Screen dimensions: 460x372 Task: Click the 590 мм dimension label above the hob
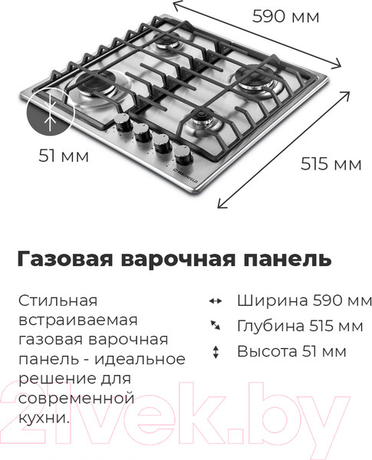point(285,16)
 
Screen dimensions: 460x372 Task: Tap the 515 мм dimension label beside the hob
point(331,163)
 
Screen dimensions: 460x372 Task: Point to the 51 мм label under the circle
point(63,156)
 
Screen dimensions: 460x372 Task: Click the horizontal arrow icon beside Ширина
point(216,301)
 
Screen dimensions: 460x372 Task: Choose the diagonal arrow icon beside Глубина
point(216,327)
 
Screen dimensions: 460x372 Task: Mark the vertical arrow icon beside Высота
point(216,353)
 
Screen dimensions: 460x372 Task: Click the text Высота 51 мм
point(291,353)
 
